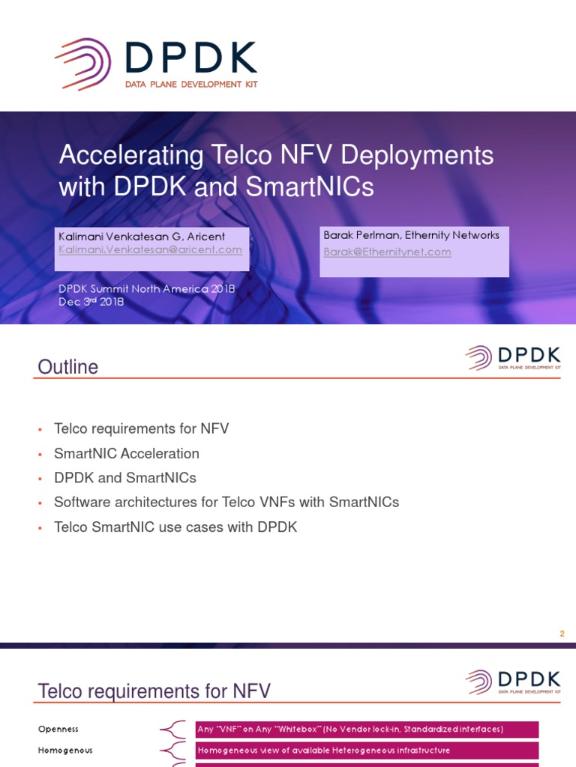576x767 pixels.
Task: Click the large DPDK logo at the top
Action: [156, 64]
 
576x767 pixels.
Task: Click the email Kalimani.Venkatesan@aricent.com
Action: [150, 249]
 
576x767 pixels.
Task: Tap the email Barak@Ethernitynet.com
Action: [387, 252]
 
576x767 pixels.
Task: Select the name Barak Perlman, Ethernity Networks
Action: [411, 235]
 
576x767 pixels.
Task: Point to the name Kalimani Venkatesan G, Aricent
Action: [142, 237]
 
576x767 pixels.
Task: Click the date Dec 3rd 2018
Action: [91, 302]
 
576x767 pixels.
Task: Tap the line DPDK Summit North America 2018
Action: [147, 288]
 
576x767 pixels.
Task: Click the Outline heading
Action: [68, 367]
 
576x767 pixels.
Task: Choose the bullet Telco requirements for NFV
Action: [141, 429]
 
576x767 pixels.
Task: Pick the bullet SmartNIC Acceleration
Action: [126, 453]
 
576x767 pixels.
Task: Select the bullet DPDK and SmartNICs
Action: [124, 478]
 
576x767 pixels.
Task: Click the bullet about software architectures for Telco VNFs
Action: [226, 503]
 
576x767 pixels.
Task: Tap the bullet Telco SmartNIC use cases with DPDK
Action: [175, 527]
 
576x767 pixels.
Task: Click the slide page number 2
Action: [561, 634]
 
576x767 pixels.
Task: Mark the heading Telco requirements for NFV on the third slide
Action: [154, 691]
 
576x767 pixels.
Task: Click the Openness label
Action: [58, 729]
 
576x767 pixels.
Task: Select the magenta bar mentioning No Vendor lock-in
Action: [367, 729]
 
